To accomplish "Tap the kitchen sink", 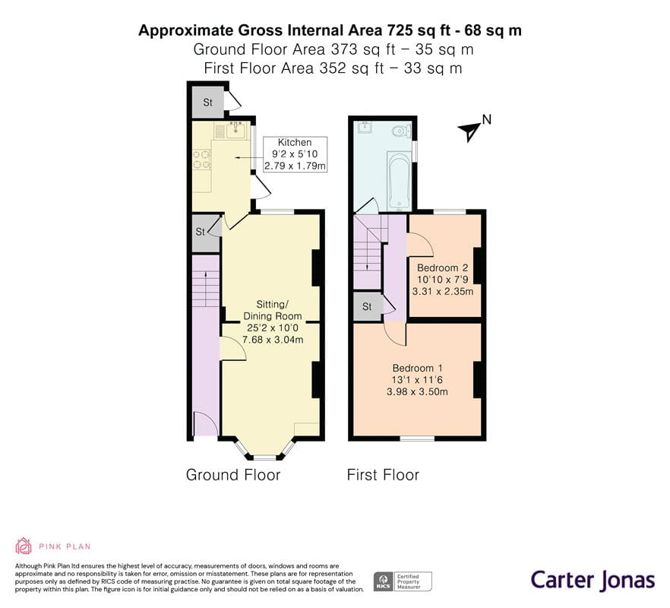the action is (x=235, y=130).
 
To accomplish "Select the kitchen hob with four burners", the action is (x=202, y=159).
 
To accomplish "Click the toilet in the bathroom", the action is (x=401, y=130).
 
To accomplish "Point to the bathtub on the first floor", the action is (x=399, y=179).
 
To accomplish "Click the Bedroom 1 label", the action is (x=418, y=380).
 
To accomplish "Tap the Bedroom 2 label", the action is (x=443, y=280).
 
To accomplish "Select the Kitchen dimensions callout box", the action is (x=295, y=154).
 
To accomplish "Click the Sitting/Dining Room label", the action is (x=273, y=322).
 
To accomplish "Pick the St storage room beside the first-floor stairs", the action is (x=368, y=306).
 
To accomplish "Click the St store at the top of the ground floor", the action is (x=207, y=102).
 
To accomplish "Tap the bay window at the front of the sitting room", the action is (x=265, y=450).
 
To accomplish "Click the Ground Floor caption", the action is (x=233, y=474).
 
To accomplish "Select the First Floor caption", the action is (x=384, y=474).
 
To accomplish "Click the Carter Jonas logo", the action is (x=593, y=581).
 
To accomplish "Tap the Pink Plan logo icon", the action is (x=24, y=546).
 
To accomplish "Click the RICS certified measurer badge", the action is (x=403, y=582).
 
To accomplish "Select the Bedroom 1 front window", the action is (x=418, y=439).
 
